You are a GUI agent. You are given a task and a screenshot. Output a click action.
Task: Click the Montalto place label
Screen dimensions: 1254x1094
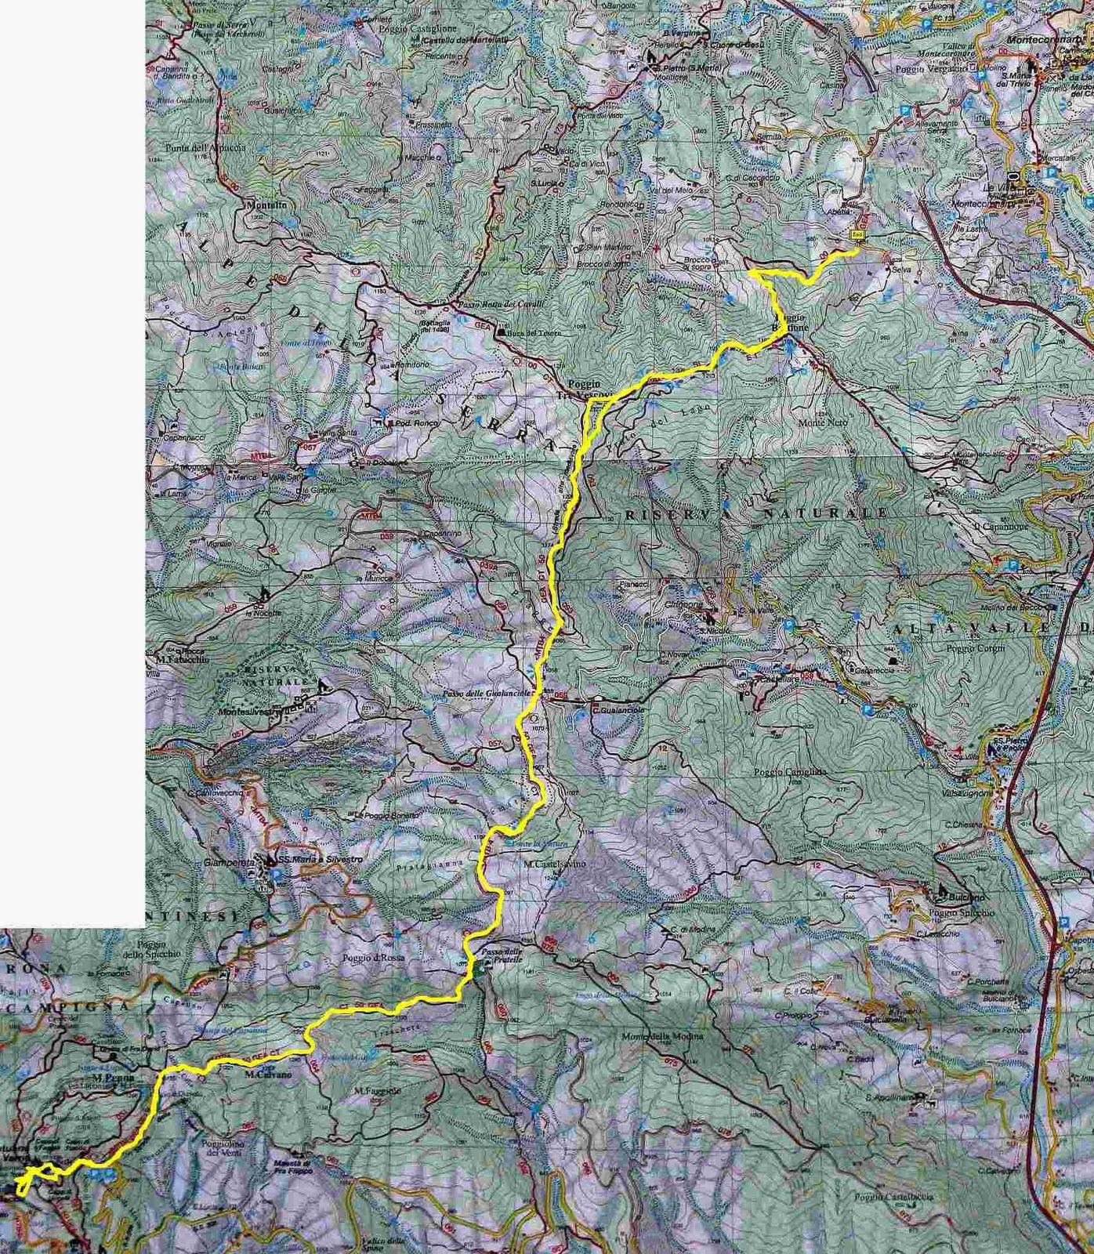click(266, 206)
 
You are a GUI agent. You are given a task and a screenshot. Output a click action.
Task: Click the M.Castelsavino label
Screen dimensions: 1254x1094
click(552, 864)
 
